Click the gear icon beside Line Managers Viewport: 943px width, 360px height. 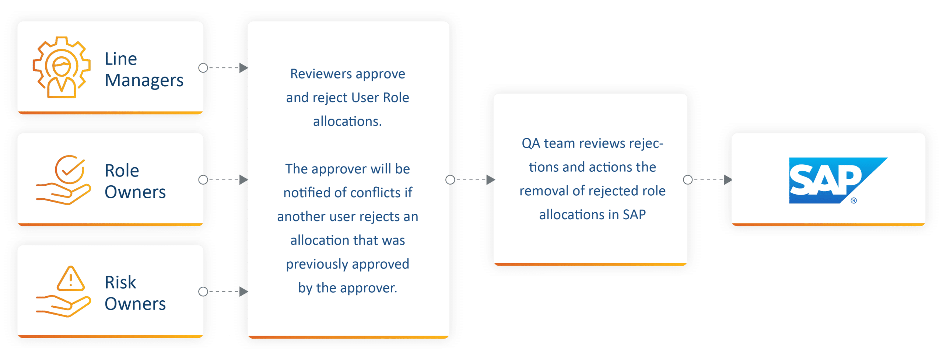click(x=61, y=67)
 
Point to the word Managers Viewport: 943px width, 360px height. click(x=144, y=81)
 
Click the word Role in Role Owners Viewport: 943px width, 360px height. click(x=122, y=171)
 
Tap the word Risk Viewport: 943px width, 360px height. click(x=120, y=282)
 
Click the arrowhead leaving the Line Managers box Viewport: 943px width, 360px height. click(x=243, y=68)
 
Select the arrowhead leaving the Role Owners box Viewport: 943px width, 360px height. click(x=243, y=180)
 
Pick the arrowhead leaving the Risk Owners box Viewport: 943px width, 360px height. click(x=243, y=292)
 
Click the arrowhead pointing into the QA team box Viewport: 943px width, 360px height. click(x=491, y=180)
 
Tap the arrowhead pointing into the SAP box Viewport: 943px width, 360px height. click(x=728, y=180)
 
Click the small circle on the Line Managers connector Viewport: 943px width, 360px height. click(x=203, y=68)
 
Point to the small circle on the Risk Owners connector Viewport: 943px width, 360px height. click(x=203, y=292)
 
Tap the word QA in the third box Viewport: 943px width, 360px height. click(x=531, y=143)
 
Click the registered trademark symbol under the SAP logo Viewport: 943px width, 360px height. click(x=853, y=201)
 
